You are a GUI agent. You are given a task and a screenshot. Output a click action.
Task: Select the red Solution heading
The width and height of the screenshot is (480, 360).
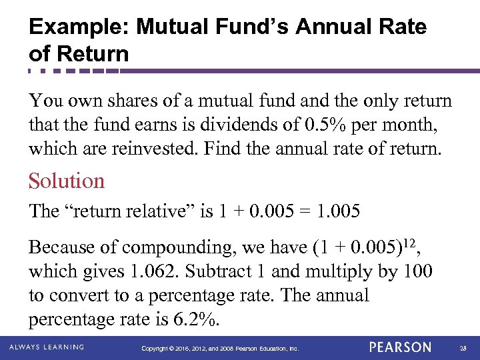pos(67,181)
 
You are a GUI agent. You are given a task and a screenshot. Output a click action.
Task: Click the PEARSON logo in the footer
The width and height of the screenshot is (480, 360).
pos(400,347)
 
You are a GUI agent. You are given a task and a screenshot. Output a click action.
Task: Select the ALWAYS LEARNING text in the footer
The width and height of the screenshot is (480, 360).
pos(47,347)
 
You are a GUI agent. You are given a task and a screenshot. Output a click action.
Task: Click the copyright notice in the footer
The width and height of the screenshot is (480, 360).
pos(220,348)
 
